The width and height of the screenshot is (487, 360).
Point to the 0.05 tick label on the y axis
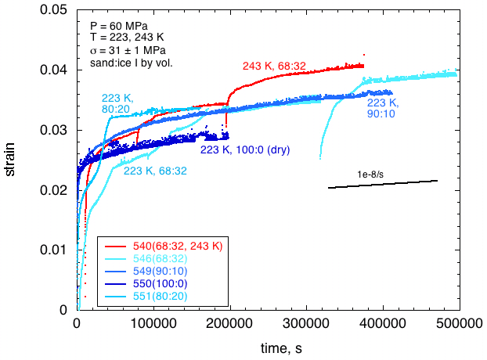56,10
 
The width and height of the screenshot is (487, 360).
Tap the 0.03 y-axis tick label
56,130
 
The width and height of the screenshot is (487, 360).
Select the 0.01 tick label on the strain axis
56,250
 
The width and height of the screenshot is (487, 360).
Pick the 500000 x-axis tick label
458,322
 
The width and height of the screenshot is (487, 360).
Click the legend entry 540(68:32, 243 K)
172,246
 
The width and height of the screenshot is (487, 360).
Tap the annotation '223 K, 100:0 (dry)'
245,149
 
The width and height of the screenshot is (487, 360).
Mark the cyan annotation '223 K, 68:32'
154,171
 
